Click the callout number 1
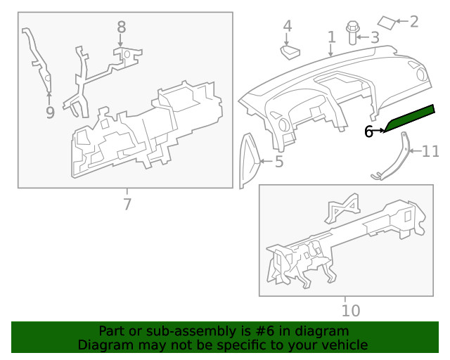pos(331,37)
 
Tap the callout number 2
pos(414,22)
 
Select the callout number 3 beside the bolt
pos(375,37)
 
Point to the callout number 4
pos(288,26)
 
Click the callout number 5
pos(279,162)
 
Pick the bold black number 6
pos(368,131)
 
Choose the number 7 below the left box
pos(127,204)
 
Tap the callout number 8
pos(122,27)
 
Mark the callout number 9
pos(50,112)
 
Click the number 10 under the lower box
pos(351,311)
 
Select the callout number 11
pos(430,151)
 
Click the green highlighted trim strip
pos(409,118)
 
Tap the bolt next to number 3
pos(352,33)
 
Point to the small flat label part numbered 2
pos(387,22)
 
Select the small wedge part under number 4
pos(290,52)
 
